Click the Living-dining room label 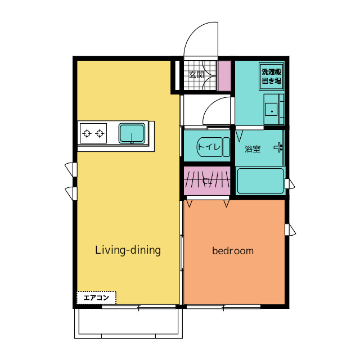tap(128, 250)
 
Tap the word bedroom tap(233, 251)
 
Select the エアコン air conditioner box tap(96, 298)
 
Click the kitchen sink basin tap(132, 133)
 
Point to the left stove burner tap(87, 133)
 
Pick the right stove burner tap(100, 133)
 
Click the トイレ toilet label tap(209, 147)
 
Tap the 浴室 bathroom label tap(253, 149)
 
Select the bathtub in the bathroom tap(260, 181)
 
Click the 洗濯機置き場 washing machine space tap(271, 76)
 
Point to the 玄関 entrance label tap(196, 75)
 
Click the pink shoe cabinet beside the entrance tap(224, 76)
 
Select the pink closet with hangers tap(207, 181)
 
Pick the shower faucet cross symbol tap(278, 147)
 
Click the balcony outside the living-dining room tap(128, 323)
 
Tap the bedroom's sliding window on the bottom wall tap(223, 307)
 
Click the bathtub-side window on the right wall tap(290, 184)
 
